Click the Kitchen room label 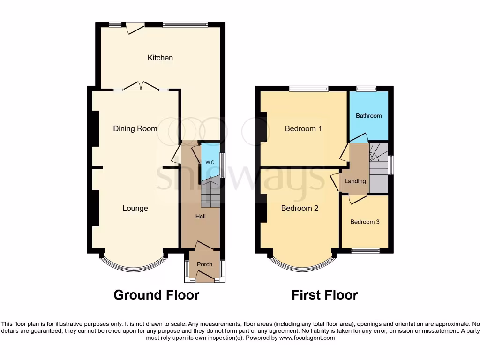(x=160, y=58)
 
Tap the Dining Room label (x=135, y=128)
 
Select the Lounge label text (x=135, y=208)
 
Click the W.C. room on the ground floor (x=210, y=162)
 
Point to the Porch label (x=204, y=264)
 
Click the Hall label (x=201, y=216)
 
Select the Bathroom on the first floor (x=368, y=115)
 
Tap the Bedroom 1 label (x=303, y=128)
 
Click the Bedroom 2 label (x=300, y=208)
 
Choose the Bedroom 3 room (x=365, y=222)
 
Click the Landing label (x=355, y=181)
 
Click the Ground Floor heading (x=157, y=295)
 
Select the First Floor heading (x=324, y=295)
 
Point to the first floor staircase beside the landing (x=379, y=169)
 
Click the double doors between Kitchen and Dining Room (x=141, y=87)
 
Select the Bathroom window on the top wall (x=366, y=89)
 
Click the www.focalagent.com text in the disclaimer (x=307, y=337)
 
